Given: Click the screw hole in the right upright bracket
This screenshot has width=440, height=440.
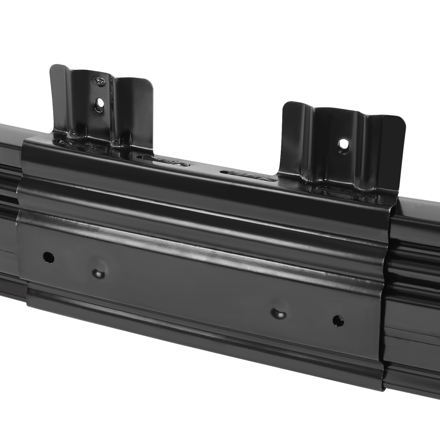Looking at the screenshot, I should click(342, 144).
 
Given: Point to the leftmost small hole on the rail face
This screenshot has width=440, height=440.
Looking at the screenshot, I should click(48, 258).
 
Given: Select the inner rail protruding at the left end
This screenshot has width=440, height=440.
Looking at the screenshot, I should click(9, 205).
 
